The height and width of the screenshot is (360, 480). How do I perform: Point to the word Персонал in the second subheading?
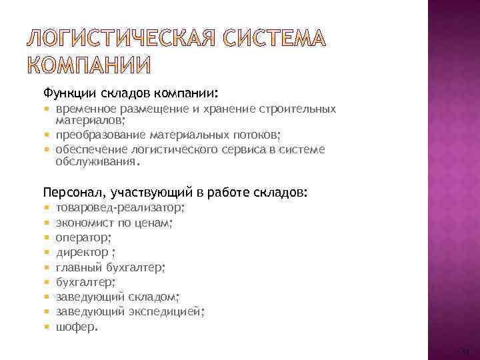[70, 193]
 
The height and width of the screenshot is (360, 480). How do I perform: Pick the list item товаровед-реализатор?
[120, 207]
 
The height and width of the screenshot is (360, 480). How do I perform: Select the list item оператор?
[83, 237]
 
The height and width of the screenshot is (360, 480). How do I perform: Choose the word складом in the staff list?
[154, 297]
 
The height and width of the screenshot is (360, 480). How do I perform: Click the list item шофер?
[76, 327]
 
